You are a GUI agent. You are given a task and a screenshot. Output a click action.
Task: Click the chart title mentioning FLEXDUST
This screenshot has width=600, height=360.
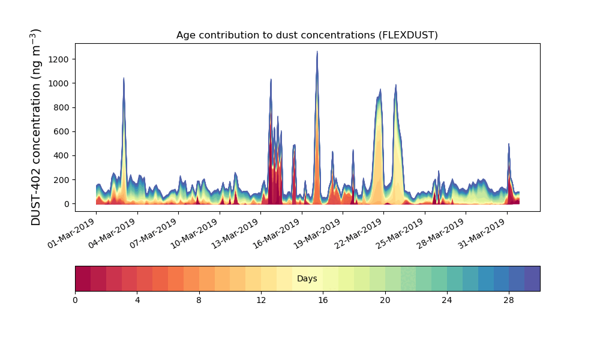[307, 35]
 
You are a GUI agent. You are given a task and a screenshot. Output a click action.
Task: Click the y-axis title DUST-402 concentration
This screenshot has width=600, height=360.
[37, 127]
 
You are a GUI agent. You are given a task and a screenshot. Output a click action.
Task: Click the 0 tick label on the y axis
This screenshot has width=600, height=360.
[67, 204]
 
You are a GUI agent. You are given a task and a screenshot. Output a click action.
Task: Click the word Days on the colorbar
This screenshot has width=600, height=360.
[307, 279]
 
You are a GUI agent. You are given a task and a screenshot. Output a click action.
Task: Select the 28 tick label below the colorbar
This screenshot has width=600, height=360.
[509, 300]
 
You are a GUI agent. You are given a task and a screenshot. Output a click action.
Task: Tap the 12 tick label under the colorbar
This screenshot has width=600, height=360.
[261, 300]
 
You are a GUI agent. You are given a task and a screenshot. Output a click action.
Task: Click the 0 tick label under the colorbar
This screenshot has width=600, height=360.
[75, 300]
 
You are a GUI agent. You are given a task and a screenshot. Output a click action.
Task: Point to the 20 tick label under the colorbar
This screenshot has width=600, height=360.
[385, 300]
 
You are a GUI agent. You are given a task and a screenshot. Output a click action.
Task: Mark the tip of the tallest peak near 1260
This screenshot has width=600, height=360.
[317, 52]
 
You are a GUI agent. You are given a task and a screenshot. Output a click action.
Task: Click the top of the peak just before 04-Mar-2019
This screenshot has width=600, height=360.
[124, 78]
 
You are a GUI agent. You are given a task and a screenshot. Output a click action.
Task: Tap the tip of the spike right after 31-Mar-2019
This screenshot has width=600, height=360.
[509, 144]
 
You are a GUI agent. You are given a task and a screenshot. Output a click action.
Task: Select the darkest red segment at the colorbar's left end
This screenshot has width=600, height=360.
[83, 278]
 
